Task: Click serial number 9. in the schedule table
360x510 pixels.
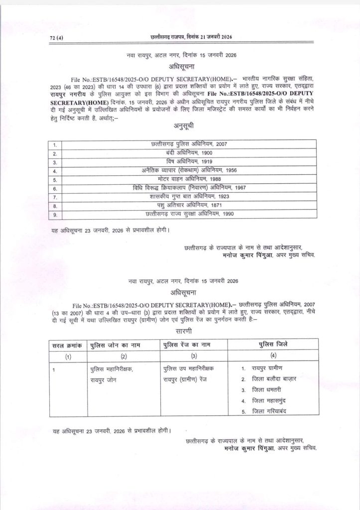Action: coord(55,214)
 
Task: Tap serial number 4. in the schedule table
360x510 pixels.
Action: coord(55,171)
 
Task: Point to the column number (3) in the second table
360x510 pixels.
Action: coord(194,356)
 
